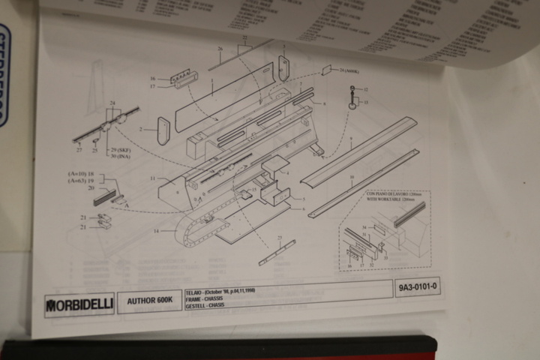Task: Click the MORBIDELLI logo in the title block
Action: pos(79,304)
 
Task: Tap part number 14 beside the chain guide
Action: pos(156,231)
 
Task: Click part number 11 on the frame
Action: pos(151,178)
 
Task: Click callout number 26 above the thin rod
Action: pos(220,49)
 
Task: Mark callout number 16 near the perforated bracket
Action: pos(152,78)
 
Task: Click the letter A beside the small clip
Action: pos(125,203)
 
